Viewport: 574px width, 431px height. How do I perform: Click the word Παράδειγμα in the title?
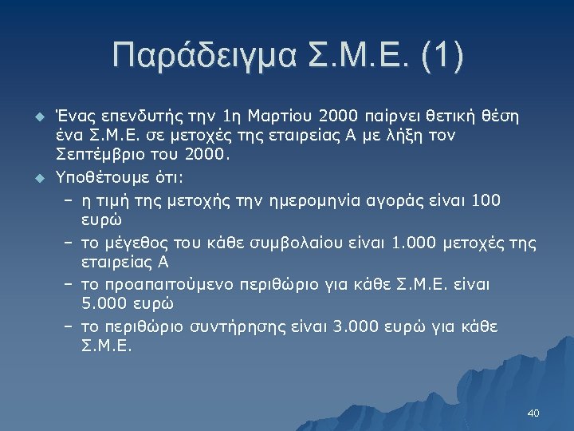(x=202, y=56)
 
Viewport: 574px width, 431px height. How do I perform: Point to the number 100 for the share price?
(x=486, y=200)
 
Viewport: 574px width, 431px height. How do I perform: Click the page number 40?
(x=533, y=413)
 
